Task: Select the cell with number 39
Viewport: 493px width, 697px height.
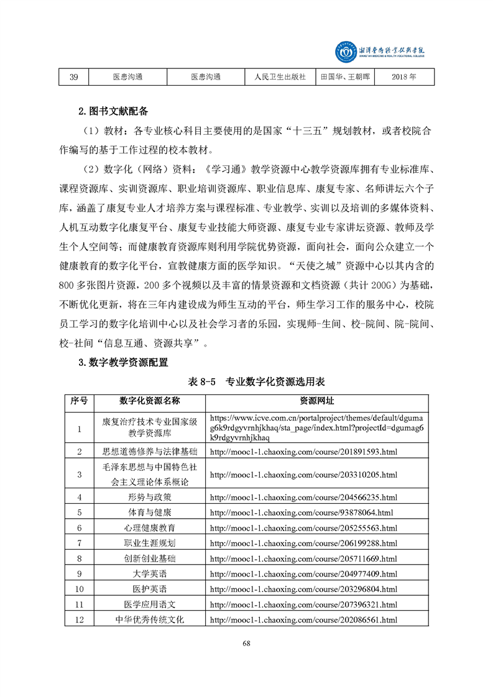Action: [73, 77]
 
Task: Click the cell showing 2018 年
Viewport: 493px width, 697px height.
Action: [404, 77]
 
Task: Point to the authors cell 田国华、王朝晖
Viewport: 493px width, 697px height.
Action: [346, 77]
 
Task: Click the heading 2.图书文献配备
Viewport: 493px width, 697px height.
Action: [114, 112]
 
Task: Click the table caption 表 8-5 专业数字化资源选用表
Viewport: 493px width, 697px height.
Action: [256, 381]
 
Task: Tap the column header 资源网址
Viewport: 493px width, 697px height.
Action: [316, 401]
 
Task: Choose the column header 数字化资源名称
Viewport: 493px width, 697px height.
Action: [149, 401]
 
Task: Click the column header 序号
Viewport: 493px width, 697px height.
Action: [79, 401]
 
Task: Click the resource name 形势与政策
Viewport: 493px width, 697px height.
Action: [149, 497]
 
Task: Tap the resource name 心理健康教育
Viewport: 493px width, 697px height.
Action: [149, 528]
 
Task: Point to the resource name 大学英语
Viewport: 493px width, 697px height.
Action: [149, 573]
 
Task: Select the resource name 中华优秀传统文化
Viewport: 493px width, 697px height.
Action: [149, 619]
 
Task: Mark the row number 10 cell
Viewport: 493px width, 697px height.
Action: [79, 589]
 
